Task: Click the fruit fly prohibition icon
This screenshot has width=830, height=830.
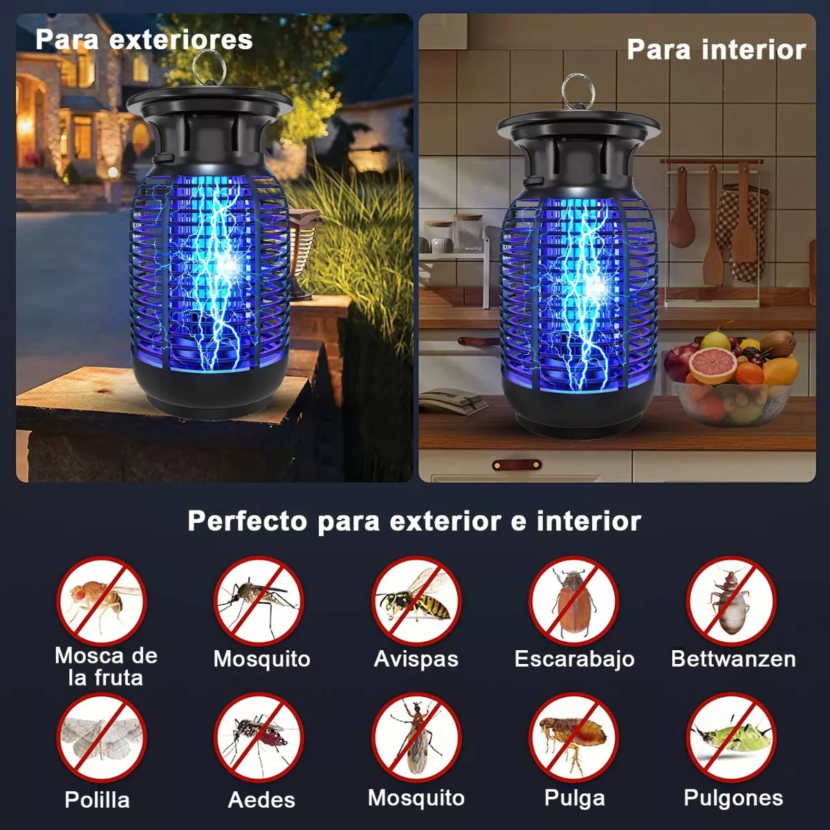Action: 102,601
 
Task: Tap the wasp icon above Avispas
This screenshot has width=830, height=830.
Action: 416,601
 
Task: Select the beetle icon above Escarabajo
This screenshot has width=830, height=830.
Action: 573,601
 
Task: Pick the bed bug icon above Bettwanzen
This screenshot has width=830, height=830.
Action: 731,601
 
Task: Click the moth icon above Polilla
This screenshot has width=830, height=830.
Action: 102,738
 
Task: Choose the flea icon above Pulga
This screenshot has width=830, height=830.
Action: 573,738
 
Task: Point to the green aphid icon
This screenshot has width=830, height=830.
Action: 731,738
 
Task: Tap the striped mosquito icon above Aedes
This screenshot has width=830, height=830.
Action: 259,738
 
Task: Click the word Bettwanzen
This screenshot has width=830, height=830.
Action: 733,658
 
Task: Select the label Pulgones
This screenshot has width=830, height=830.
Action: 733,797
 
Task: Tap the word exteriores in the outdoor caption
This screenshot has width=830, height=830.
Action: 181,39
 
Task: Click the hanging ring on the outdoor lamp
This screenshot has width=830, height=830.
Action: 209,68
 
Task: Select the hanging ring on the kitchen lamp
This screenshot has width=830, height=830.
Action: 578,91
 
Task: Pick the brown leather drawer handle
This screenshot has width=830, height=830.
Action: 517,465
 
